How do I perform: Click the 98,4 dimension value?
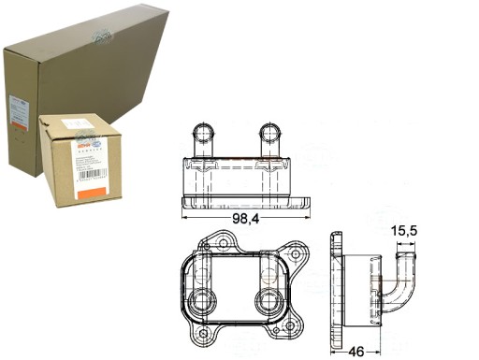pos(246,221)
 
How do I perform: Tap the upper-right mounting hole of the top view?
pos(298,253)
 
